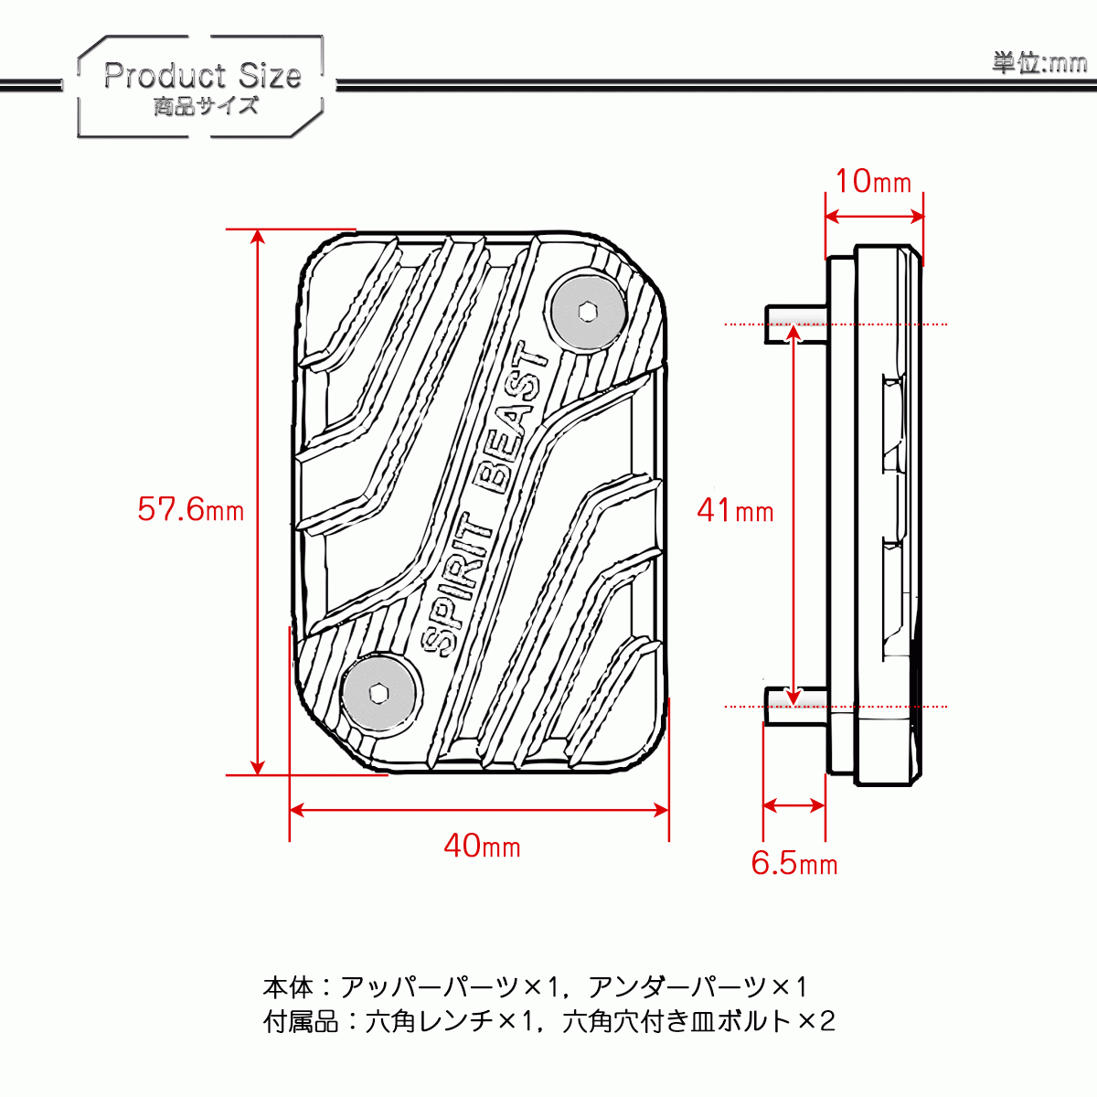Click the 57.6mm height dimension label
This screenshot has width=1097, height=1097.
(x=190, y=508)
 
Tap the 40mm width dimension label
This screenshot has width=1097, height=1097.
(x=482, y=846)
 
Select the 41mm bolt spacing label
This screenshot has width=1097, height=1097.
(x=735, y=509)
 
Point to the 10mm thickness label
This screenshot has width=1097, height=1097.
(x=873, y=181)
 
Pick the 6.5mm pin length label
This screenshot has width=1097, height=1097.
(x=793, y=863)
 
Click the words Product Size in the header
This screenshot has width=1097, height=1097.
(x=202, y=75)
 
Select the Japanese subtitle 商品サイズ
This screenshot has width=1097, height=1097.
(x=207, y=106)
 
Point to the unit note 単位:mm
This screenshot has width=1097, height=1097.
(x=1039, y=62)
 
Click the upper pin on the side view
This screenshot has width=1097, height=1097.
(x=795, y=324)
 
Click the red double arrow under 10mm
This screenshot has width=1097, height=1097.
(x=874, y=217)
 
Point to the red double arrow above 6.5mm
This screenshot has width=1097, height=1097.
(x=793, y=805)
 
